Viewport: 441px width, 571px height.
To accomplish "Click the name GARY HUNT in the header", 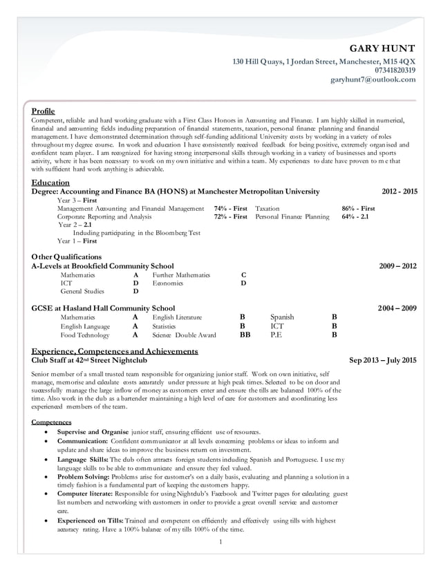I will click(x=382, y=48).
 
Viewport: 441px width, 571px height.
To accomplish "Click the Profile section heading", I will click(x=44, y=111).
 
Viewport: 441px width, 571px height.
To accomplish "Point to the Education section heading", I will click(x=50, y=182).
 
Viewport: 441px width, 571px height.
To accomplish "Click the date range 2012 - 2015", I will click(x=400, y=191).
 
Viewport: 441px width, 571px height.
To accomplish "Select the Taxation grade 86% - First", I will click(x=358, y=208).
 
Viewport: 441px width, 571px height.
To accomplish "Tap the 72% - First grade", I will click(x=230, y=216).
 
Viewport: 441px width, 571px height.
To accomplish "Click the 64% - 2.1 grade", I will click(x=355, y=216).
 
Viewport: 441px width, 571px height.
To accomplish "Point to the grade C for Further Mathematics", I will click(x=243, y=274).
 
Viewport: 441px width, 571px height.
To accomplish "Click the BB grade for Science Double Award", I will click(x=245, y=335).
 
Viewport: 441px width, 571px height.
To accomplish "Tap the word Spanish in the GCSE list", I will click(x=282, y=317).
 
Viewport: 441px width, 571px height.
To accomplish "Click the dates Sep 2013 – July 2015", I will click(x=383, y=360).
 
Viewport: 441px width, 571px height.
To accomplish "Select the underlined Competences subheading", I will click(x=52, y=422).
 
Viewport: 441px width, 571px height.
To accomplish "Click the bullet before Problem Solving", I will click(x=46, y=476).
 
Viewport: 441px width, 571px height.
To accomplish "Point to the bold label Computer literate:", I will click(x=86, y=494).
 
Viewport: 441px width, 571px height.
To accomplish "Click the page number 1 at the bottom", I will click(x=220, y=541).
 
